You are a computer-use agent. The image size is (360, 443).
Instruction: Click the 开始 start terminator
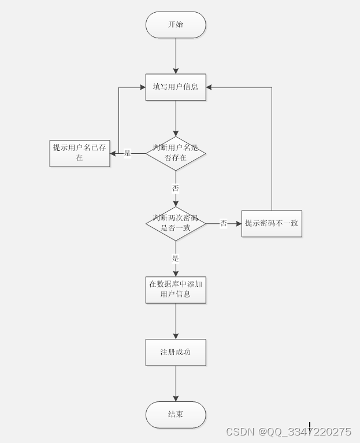[176, 25]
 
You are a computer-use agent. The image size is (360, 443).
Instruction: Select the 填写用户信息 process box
[176, 87]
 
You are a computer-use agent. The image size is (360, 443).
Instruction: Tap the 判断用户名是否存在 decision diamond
[176, 153]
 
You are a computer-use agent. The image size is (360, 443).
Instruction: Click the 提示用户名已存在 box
[80, 153]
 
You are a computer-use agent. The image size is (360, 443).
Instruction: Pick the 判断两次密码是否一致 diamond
[176, 223]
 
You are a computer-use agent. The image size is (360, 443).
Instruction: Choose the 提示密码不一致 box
[272, 223]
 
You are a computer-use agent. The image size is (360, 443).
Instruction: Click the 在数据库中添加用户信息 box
[176, 289]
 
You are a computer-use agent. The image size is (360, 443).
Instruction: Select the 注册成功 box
[176, 352]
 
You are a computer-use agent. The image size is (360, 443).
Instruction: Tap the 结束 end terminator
[176, 414]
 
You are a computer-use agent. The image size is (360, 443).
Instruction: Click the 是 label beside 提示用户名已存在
[128, 153]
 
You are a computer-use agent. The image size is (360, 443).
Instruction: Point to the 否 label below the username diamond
[176, 189]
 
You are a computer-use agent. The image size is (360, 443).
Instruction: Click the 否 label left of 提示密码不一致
[224, 223]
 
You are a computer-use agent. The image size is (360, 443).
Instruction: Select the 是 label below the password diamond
[176, 258]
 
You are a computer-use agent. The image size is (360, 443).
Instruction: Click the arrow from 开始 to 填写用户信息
[176, 56]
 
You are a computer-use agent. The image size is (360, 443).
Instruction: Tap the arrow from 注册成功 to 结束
[176, 383]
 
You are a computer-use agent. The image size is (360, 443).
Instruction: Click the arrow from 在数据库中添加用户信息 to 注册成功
[176, 320]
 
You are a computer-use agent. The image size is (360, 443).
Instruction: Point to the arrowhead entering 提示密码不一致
[238, 223]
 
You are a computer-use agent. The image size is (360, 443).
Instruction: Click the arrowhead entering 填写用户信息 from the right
[210, 87]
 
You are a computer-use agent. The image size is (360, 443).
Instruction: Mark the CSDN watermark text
[288, 432]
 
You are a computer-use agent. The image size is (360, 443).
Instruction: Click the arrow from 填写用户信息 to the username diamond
[176, 119]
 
